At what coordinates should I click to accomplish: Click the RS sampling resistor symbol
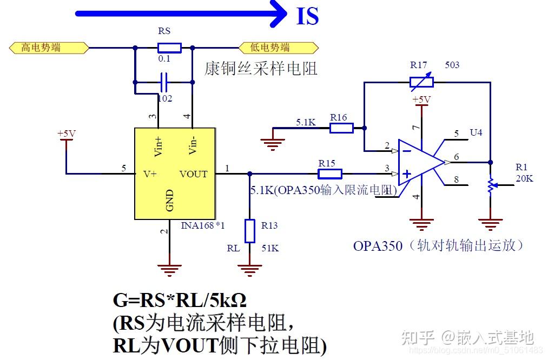coord(169,48)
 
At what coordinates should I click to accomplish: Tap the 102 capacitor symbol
coord(164,83)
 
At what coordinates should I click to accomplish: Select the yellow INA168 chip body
coord(175,174)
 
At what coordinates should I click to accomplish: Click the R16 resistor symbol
coord(341,128)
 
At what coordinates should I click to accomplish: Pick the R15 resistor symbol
coord(329,174)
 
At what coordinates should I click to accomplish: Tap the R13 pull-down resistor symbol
coord(249,231)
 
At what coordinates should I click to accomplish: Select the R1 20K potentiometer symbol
coord(490,185)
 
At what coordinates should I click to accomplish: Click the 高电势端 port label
coord(49,48)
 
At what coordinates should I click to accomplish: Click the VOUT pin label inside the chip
coord(193,174)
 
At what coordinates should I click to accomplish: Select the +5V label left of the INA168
coord(67,133)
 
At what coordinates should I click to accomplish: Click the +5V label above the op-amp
coord(421,99)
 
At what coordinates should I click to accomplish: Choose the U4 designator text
coord(476,132)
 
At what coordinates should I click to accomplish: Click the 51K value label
coord(270,248)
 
